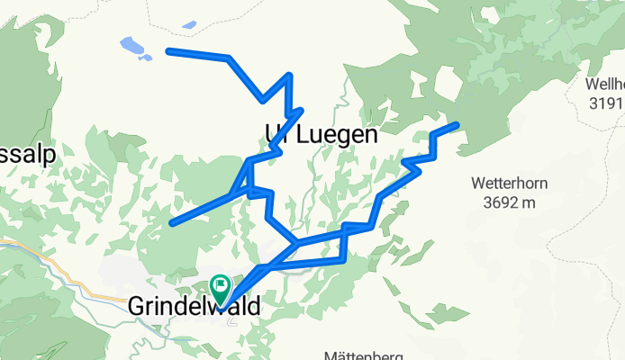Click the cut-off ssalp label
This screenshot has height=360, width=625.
[x=27, y=154]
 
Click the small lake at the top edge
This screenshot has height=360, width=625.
[x=189, y=24]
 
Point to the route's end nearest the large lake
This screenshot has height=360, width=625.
[x=168, y=51]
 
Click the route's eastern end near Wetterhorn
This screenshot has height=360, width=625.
[x=457, y=124]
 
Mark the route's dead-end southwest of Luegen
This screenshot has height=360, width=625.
[x=172, y=222]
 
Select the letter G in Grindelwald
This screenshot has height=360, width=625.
[x=136, y=307]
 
